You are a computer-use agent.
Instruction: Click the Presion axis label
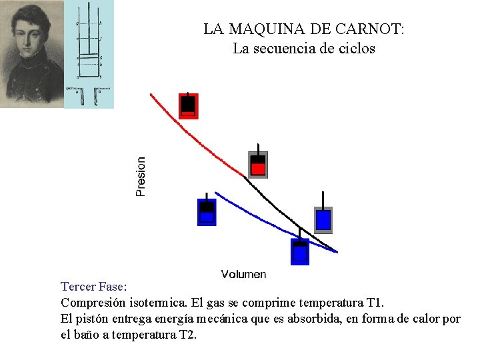pyautogui.click(x=141, y=177)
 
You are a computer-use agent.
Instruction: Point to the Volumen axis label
pyautogui.click(x=243, y=274)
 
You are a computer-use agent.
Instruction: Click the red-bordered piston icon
pyautogui.click(x=189, y=105)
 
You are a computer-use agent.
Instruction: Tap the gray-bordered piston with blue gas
pyautogui.click(x=323, y=219)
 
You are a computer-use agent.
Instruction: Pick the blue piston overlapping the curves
pyautogui.click(x=300, y=250)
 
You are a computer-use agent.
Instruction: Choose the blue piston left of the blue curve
pyautogui.click(x=207, y=211)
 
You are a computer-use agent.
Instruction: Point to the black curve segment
pyautogui.click(x=287, y=210)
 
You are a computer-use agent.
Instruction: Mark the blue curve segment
pyautogui.click(x=267, y=220)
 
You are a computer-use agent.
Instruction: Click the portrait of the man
pyautogui.click(x=31, y=53)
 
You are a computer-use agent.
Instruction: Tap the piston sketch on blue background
pyautogui.click(x=89, y=53)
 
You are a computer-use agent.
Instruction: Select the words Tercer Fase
pyautogui.click(x=91, y=287)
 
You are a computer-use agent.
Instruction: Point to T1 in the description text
pyautogui.click(x=375, y=302)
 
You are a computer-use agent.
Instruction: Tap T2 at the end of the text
pyautogui.click(x=188, y=335)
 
